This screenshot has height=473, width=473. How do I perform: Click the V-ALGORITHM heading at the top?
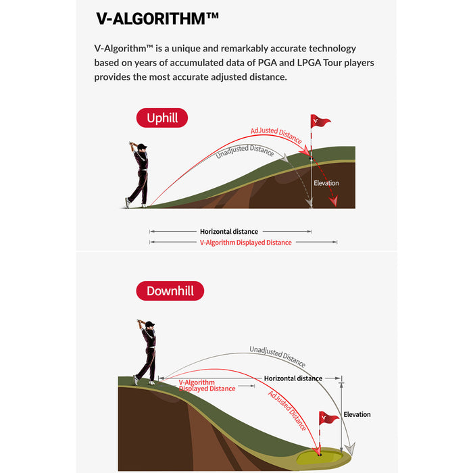click(x=157, y=19)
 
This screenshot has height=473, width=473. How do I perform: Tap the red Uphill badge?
click(x=162, y=118)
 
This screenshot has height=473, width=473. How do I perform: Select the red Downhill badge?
click(x=170, y=291)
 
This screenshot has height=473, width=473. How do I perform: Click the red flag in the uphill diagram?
click(x=320, y=121)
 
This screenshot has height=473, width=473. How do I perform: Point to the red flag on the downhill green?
click(x=329, y=418)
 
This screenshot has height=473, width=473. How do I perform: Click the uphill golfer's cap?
click(x=142, y=147)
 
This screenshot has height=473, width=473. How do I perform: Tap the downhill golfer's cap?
click(x=149, y=324)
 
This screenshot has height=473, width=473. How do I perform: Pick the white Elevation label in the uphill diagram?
click(x=326, y=183)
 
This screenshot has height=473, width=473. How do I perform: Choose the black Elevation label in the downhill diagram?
click(x=357, y=414)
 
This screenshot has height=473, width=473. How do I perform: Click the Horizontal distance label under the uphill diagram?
click(x=229, y=232)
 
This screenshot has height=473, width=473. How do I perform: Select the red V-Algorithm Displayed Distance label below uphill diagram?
click(x=245, y=243)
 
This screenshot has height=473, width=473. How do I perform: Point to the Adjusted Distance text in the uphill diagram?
click(x=276, y=134)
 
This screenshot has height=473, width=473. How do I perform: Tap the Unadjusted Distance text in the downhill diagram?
click(x=278, y=356)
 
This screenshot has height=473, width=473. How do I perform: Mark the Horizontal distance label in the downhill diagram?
click(x=293, y=378)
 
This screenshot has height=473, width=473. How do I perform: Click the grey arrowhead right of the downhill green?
click(x=350, y=449)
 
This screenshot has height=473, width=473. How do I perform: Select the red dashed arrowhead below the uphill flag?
click(x=333, y=201)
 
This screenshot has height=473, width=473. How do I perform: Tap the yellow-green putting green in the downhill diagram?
click(x=320, y=456)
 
